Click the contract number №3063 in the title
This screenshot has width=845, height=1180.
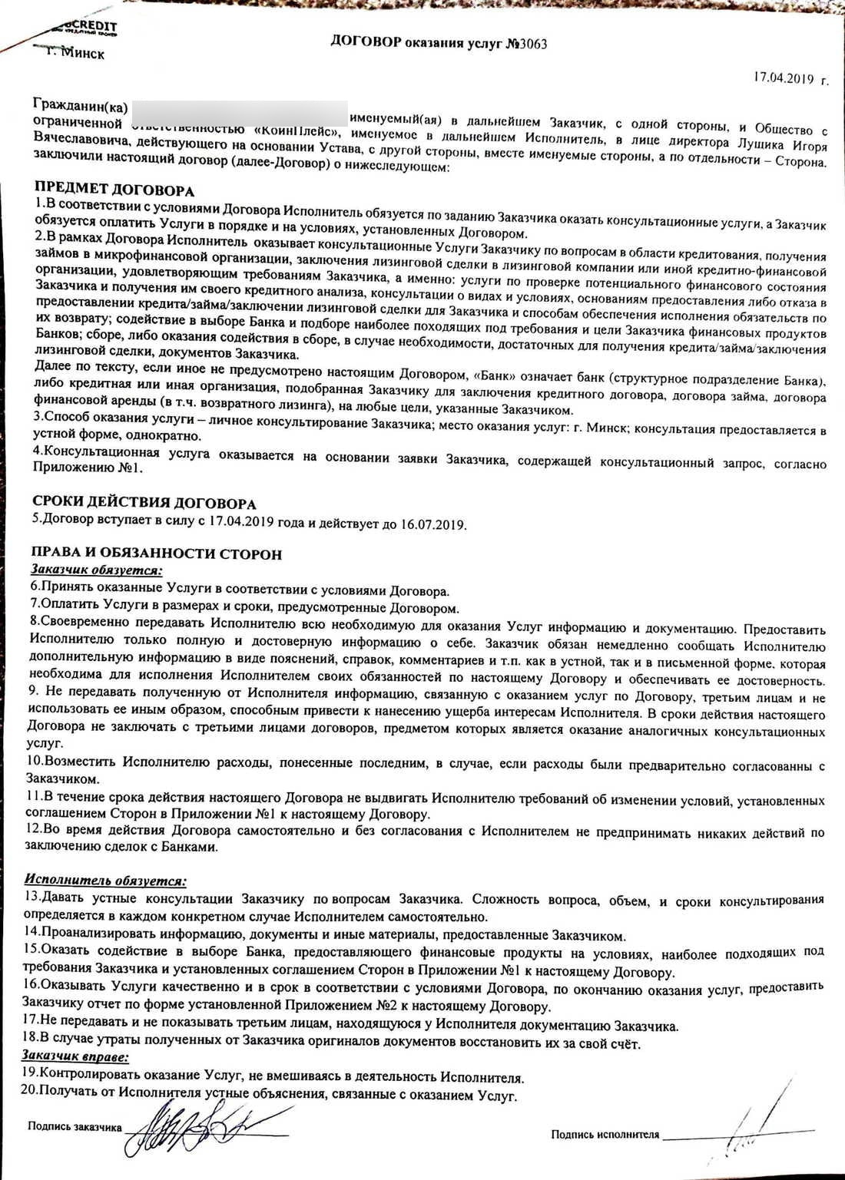526,44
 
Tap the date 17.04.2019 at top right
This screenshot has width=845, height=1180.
783,78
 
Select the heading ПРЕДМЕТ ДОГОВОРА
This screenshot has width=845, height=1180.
114,190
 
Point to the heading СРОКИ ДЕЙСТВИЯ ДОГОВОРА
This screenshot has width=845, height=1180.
144,503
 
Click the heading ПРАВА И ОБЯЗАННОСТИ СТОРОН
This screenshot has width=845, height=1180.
157,554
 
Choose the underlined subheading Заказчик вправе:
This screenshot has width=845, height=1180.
75,1056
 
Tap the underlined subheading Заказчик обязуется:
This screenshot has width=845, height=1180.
97,570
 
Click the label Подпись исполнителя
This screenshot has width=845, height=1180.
605,1134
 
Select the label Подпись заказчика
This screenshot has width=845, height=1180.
75,1126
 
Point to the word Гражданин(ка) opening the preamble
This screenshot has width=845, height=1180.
81,105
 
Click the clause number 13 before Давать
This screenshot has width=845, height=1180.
31,896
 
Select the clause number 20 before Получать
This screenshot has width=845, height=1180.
29,1091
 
